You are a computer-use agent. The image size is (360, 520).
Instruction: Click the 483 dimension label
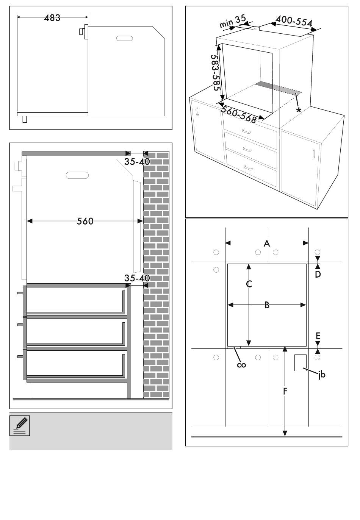[52, 18]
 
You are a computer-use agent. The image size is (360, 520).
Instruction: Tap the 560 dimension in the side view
[85, 221]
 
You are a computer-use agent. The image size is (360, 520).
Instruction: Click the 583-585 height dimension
[216, 72]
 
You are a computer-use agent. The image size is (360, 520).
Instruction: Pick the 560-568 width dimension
[239, 114]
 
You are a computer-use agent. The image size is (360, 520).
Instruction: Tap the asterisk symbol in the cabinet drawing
[299, 110]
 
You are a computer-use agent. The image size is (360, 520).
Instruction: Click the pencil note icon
[20, 425]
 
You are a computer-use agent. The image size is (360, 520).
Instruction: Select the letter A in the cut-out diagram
[267, 243]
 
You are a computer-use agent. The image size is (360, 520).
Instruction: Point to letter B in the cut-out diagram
[267, 305]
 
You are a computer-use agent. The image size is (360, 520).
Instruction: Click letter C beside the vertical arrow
[249, 284]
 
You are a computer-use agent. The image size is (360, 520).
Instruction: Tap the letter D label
[318, 274]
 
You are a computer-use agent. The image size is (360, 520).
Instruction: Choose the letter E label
[318, 336]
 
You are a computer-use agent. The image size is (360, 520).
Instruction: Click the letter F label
[285, 391]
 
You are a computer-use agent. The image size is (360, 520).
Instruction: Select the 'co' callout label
[241, 365]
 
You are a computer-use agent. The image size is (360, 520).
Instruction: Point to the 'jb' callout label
[322, 375]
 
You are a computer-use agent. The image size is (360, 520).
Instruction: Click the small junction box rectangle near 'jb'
[300, 362]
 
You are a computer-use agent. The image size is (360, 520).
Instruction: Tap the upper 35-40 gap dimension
[137, 161]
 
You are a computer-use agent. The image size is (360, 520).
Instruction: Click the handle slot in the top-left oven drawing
[125, 39]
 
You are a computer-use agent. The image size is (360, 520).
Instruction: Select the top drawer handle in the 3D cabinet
[247, 131]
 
